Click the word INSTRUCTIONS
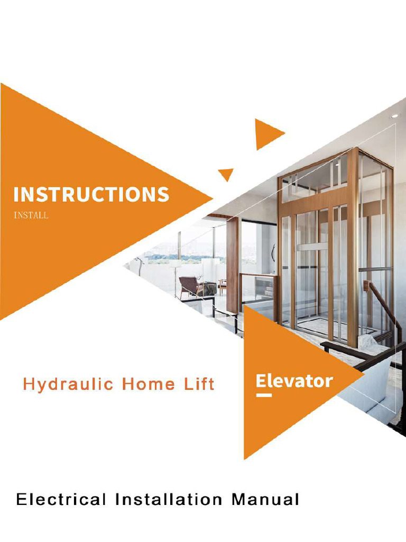point(91,194)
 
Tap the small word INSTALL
point(31,216)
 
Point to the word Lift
point(197,384)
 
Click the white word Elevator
point(294,381)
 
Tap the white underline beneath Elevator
point(263,395)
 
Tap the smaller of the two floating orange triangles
point(226,174)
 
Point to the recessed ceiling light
point(394,115)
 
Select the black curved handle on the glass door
point(273,253)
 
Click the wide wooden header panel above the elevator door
point(313,199)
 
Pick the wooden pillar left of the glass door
point(232,265)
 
